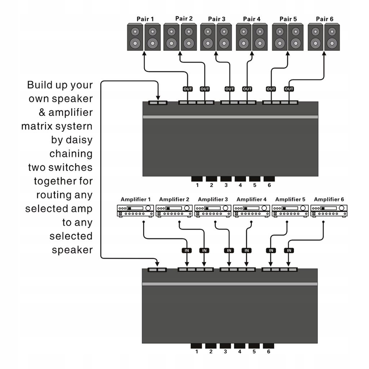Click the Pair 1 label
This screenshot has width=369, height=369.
tap(145, 19)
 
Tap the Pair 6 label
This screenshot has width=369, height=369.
tap(325, 19)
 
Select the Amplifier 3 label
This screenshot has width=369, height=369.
tap(213, 199)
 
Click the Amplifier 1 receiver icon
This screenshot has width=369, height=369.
tap(135, 211)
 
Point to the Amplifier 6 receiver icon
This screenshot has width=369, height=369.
tap(329, 211)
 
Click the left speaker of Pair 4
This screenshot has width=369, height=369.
tap(244, 37)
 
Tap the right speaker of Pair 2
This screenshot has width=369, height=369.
tap(189, 37)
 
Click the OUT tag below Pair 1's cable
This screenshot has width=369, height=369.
tap(187, 89)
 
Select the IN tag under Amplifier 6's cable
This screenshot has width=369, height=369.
tap(289, 250)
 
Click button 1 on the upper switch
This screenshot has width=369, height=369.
tap(197, 179)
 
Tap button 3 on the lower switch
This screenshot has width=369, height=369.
tap(225, 346)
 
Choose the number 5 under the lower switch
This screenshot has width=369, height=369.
tap(254, 352)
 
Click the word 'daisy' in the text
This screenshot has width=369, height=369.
tap(79, 140)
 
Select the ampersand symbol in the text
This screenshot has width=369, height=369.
tap(42, 112)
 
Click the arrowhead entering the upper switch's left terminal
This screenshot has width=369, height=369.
tap(158, 98)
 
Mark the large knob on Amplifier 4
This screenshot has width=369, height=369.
tap(264, 208)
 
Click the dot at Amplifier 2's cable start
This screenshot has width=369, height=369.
tap(179, 222)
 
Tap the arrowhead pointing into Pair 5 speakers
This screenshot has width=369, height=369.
tap(288, 54)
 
